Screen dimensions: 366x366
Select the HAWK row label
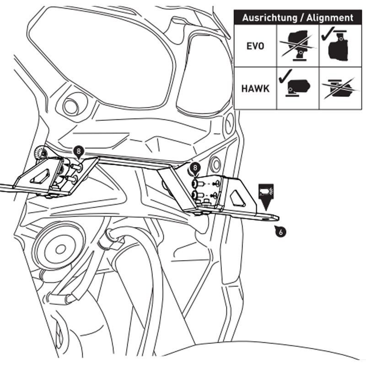(x=255, y=88)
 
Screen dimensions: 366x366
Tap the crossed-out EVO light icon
(x=298, y=45)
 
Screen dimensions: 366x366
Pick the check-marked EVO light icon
(x=339, y=45)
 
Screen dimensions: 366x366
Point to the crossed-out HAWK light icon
(x=339, y=88)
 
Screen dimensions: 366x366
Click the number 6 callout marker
(x=280, y=232)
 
